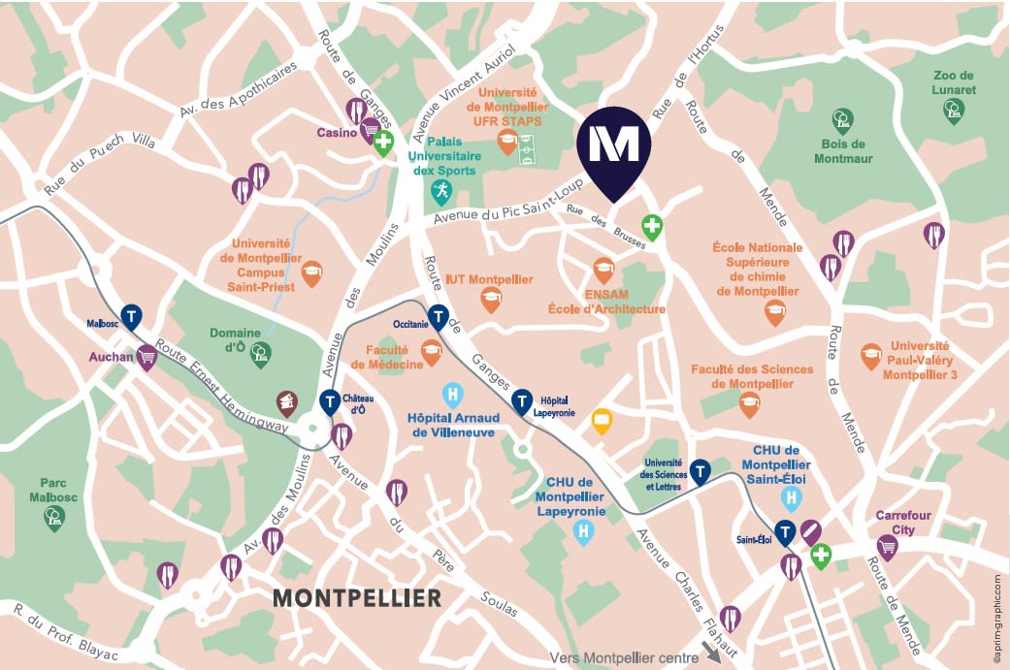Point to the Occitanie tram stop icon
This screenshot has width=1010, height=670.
point(439,317)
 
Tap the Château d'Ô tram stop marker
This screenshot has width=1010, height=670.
point(330,400)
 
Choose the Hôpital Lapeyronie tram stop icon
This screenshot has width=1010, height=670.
point(522,399)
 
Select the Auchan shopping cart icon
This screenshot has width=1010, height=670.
point(147,359)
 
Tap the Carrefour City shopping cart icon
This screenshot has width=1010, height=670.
point(887,547)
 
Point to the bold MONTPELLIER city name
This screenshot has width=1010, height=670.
point(357,598)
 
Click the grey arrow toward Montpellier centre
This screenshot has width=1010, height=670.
point(713,654)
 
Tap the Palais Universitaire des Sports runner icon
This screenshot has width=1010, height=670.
point(441,190)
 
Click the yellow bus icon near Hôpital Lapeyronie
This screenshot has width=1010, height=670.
point(602,421)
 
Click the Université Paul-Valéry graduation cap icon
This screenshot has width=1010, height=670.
point(871,356)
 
